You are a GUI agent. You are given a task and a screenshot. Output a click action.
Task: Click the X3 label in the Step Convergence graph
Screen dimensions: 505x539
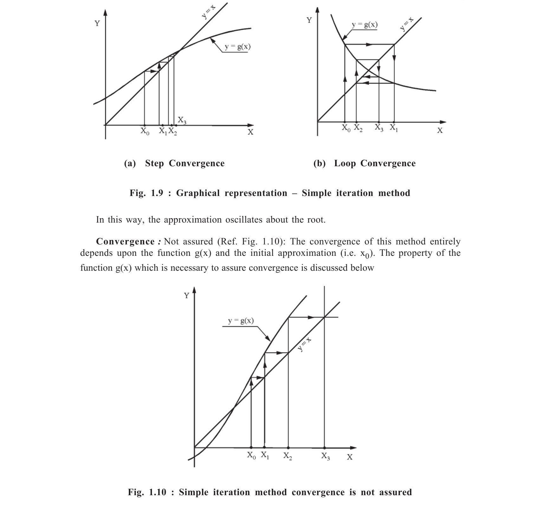182,120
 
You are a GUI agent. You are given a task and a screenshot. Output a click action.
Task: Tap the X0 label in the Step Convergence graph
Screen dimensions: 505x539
144,131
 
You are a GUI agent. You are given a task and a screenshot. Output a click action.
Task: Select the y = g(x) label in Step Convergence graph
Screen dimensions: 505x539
237,47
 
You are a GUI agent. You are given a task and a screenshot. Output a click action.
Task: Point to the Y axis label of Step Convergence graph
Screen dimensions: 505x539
97,23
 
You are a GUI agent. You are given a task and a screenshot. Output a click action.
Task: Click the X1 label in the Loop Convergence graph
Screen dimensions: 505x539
393,128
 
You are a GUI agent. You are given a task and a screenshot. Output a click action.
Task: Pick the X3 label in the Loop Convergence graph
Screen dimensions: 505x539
379,128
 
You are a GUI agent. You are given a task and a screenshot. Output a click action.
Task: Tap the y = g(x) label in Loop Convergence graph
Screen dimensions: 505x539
365,25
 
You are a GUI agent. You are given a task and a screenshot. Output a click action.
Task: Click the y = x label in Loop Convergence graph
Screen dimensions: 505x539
407,24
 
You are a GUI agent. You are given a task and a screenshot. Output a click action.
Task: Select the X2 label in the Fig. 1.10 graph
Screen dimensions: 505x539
288,456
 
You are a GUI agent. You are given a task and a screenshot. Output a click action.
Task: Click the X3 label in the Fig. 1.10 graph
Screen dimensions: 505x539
326,456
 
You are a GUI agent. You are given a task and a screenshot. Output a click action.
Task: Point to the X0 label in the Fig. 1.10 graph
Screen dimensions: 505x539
251,456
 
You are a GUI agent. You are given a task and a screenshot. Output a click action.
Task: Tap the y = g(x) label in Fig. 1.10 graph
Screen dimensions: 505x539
241,321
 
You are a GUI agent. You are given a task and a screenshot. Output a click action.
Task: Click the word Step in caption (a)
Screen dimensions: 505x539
154,163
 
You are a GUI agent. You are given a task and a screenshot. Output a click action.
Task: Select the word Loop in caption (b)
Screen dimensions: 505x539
345,163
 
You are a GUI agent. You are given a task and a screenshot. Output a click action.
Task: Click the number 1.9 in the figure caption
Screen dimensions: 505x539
157,193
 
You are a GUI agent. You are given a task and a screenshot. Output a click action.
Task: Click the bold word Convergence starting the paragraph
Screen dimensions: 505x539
125,242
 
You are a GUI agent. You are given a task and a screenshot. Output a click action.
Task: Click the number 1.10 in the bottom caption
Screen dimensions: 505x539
157,492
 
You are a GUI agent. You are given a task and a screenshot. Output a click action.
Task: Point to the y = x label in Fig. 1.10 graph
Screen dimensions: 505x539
304,345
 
